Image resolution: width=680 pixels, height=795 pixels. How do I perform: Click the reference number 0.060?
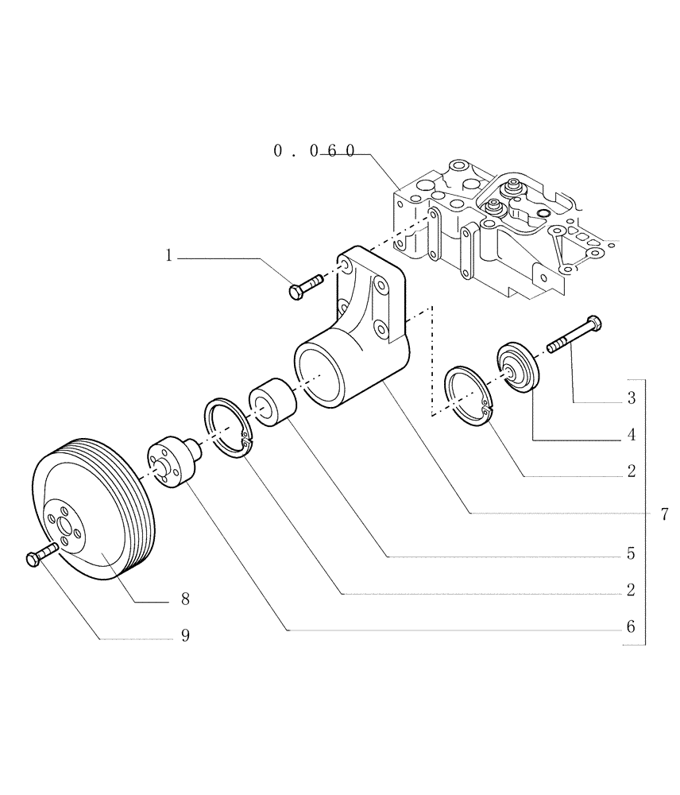pyautogui.click(x=314, y=150)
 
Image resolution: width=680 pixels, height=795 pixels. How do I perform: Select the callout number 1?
pyautogui.click(x=168, y=255)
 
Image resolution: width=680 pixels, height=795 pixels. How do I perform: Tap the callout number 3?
pyautogui.click(x=631, y=398)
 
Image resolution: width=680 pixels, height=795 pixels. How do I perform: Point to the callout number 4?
pyautogui.click(x=631, y=435)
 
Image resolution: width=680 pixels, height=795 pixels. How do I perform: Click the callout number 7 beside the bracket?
pyautogui.click(x=664, y=514)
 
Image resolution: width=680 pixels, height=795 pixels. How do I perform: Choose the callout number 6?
pyautogui.click(x=631, y=626)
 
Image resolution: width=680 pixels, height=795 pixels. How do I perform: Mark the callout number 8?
pyautogui.click(x=184, y=599)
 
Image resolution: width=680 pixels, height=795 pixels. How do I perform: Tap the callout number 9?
pyautogui.click(x=184, y=635)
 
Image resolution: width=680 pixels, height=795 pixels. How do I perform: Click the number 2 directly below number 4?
pyautogui.click(x=631, y=471)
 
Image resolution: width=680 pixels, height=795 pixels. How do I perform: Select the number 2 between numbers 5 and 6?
pyautogui.click(x=631, y=590)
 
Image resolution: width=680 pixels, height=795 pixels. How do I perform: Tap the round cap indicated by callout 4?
pyautogui.click(x=518, y=369)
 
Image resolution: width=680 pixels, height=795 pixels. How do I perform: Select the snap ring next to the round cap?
pyautogui.click(x=466, y=392)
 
